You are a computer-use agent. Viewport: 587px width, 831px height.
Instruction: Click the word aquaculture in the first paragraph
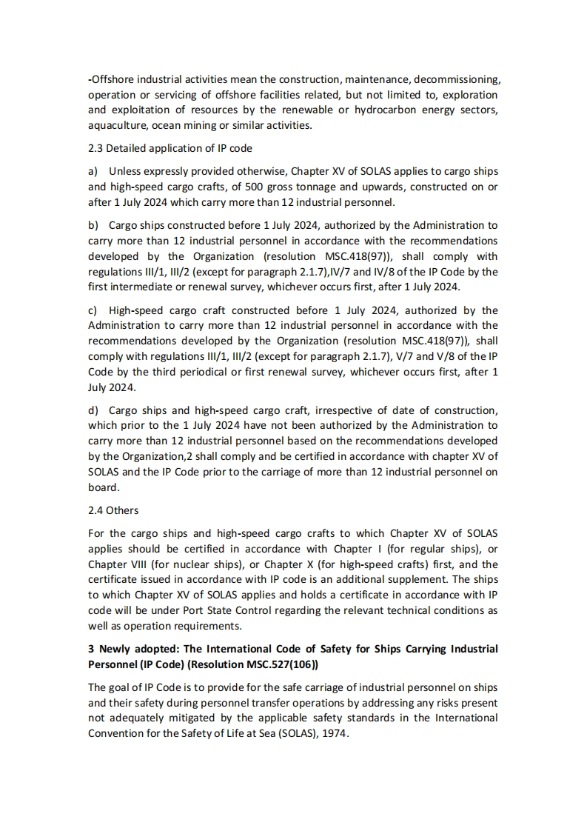click(115, 125)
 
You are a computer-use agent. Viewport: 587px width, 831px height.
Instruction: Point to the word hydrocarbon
click(378, 110)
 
